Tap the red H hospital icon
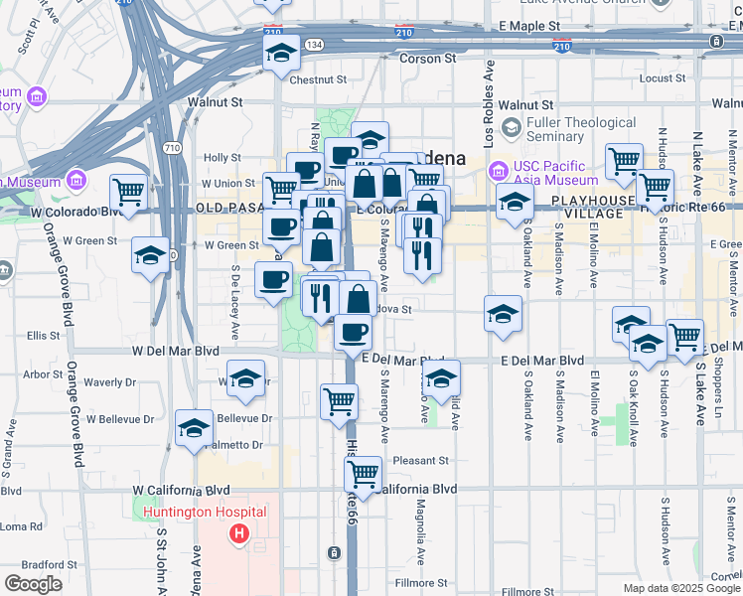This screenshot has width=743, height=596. [x=238, y=535]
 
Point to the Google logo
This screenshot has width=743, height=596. [x=33, y=583]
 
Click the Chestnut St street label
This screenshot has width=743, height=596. [x=317, y=79]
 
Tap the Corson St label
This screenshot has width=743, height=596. [x=427, y=59]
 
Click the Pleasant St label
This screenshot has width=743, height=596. [x=420, y=461]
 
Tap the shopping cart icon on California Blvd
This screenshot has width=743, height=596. [x=364, y=473]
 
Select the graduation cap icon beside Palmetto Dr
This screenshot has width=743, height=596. [x=193, y=427]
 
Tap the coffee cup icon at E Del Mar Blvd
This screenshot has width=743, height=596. [x=351, y=331]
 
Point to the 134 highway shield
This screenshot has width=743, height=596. [x=314, y=45]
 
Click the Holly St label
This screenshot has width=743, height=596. [x=222, y=157]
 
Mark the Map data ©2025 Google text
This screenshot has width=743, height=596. [x=681, y=588]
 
